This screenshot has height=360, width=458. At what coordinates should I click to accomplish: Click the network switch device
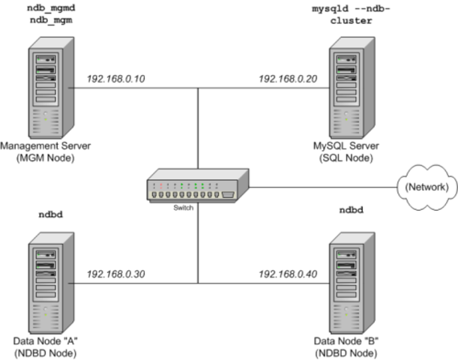(197, 188)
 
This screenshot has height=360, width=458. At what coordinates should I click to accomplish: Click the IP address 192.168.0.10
(116, 78)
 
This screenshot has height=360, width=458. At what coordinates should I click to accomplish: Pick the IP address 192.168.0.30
(116, 274)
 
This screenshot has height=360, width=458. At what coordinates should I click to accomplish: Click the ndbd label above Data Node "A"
(49, 214)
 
